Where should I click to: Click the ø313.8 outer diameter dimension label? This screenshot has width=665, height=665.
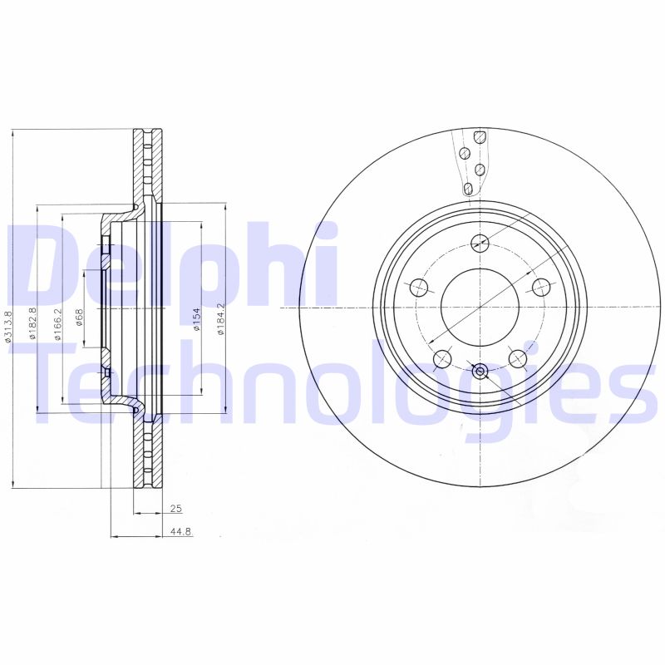click(x=8, y=326)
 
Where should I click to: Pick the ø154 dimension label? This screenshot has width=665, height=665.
click(x=197, y=319)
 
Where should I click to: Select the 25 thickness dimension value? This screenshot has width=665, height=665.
click(x=175, y=508)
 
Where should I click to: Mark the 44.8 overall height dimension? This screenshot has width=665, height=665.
click(x=180, y=530)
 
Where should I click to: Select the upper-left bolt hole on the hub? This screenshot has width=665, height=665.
click(x=419, y=288)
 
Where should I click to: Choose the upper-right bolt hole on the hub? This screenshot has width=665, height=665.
click(x=541, y=288)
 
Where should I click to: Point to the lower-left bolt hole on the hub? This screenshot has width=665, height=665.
click(x=442, y=359)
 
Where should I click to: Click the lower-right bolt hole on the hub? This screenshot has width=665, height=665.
click(x=517, y=358)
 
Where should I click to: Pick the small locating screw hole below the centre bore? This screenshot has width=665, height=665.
click(x=480, y=371)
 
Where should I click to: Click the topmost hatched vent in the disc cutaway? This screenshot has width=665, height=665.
click(x=478, y=136)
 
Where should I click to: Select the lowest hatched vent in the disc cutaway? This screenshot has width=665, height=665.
click(x=468, y=189)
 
